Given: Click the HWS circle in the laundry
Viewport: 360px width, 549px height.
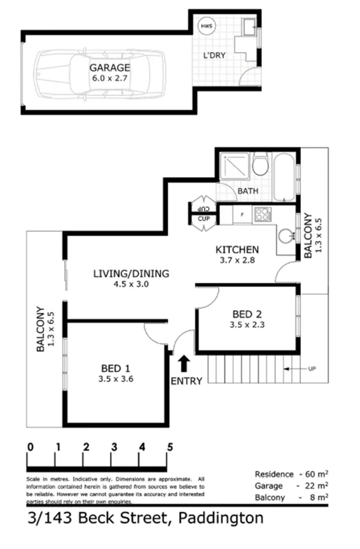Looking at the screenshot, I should pos(207,26).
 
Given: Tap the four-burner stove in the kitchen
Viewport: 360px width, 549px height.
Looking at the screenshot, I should pos(263,214).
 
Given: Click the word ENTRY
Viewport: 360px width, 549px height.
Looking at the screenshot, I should pos(186,381).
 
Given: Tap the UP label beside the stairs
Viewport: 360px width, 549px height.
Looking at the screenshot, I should pos(311,367).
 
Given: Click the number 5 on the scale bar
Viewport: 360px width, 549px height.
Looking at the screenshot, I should pos(169,447).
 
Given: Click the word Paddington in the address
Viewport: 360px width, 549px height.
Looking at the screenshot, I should pos(221,518).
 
